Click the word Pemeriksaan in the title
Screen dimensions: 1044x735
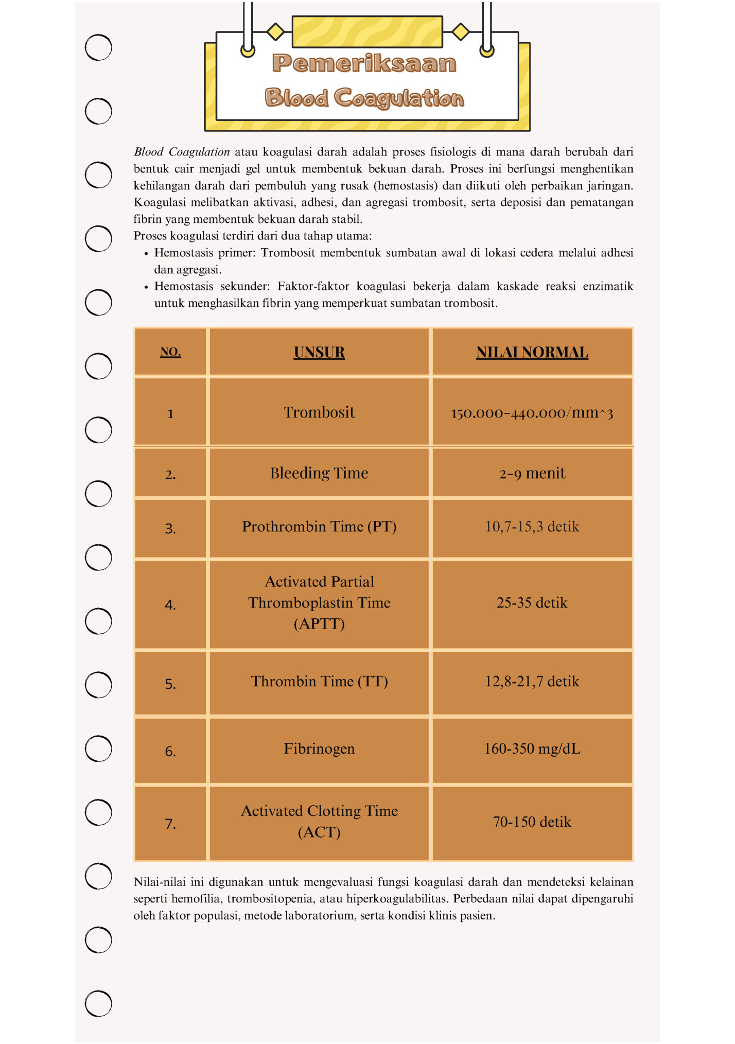pyautogui.click(x=364, y=63)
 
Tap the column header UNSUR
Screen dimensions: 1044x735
pyautogui.click(x=319, y=352)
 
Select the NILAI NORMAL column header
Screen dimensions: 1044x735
pyautogui.click(x=532, y=352)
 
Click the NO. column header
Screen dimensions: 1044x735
pyautogui.click(x=170, y=352)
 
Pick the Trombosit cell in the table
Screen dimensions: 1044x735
pyautogui.click(x=319, y=412)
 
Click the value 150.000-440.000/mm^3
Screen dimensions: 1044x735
pyautogui.click(x=532, y=412)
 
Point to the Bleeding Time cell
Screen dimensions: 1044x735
pyautogui.click(x=319, y=473)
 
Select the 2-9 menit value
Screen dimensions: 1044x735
pyautogui.click(x=532, y=473)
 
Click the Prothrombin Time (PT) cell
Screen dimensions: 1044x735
pyautogui.click(x=319, y=527)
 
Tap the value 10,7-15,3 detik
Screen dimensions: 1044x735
pyautogui.click(x=532, y=527)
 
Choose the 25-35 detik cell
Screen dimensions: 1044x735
pyautogui.click(x=532, y=603)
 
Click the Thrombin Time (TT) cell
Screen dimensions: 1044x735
pyautogui.click(x=319, y=682)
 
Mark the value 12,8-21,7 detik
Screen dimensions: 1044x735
pyautogui.click(x=532, y=682)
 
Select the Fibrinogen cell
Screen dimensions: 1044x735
pyautogui.click(x=319, y=749)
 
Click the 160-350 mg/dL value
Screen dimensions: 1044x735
pyautogui.click(x=532, y=749)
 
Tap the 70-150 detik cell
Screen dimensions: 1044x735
pyautogui.click(x=532, y=822)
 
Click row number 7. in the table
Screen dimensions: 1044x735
pyautogui.click(x=170, y=824)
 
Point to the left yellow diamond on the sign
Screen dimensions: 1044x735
pyautogui.click(x=276, y=31)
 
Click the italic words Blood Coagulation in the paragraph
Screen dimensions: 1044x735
pyautogui.click(x=182, y=152)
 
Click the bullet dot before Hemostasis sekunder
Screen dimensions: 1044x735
pyautogui.click(x=146, y=287)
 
